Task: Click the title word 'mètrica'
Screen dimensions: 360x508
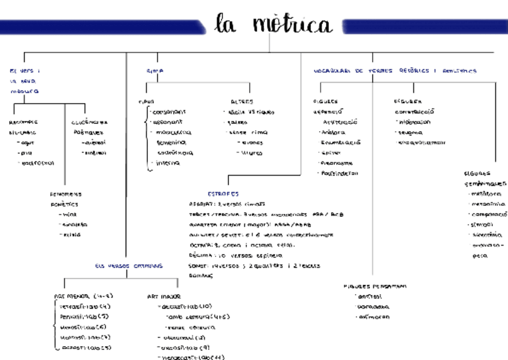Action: pyautogui.click(x=292, y=25)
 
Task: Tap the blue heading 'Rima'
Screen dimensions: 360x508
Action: pyautogui.click(x=155, y=71)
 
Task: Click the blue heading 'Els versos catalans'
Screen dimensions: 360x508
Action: pyautogui.click(x=128, y=265)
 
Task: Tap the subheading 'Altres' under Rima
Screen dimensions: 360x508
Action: pyautogui.click(x=241, y=101)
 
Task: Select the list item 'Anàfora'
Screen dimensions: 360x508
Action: pyautogui.click(x=333, y=132)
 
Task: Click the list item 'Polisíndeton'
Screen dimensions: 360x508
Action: pyautogui.click(x=340, y=173)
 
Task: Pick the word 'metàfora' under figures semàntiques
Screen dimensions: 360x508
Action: pyautogui.click(x=486, y=194)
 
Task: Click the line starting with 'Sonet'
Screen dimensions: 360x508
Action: pyautogui.click(x=255, y=265)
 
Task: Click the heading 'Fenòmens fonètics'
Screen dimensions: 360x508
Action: pyautogui.click(x=65, y=199)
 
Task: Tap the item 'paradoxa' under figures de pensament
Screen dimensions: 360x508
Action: pyautogui.click(x=374, y=307)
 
